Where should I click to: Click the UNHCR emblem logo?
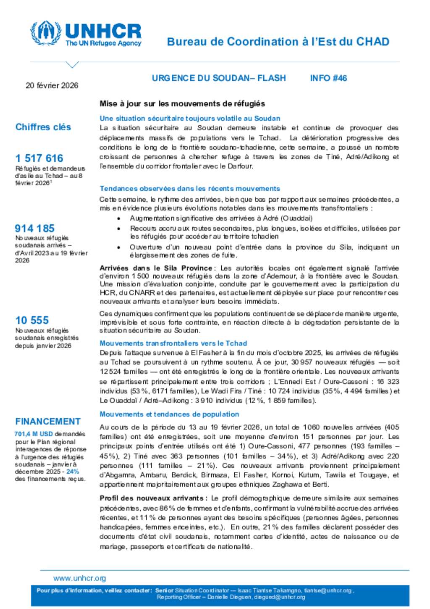point(45,33)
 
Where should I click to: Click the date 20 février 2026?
point(52,86)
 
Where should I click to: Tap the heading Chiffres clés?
point(43,127)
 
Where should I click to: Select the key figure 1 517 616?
point(39,158)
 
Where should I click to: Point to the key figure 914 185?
point(35,228)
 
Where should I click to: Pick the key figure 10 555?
point(32,320)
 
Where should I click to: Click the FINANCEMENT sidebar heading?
point(48,422)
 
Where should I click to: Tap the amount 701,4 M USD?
point(34,434)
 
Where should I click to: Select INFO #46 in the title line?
point(328,78)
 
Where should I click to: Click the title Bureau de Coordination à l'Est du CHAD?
point(278,42)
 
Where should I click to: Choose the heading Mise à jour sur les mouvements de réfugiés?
point(182,104)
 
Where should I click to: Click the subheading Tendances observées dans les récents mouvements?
point(190,189)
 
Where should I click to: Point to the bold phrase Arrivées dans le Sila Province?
point(156,268)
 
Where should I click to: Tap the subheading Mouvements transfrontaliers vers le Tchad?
point(173,343)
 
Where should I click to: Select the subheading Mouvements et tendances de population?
point(169,414)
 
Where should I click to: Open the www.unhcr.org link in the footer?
point(79,578)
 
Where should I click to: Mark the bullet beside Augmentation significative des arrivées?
point(119,219)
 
